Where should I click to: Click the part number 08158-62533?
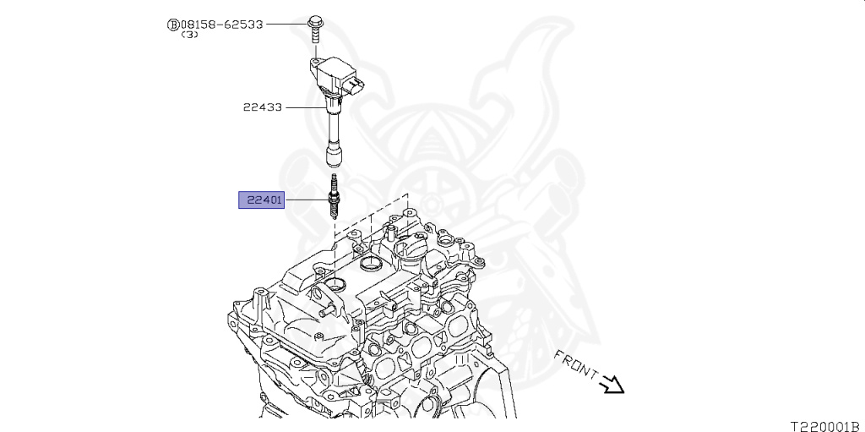(x=221, y=25)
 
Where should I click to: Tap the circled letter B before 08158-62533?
(x=173, y=25)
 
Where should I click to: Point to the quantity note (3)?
(x=190, y=36)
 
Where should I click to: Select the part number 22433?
(x=263, y=107)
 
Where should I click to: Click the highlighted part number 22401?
(x=262, y=200)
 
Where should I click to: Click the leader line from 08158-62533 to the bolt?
(x=287, y=25)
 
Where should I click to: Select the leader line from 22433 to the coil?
(x=304, y=107)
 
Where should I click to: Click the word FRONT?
(x=576, y=364)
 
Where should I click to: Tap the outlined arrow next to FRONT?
(x=612, y=385)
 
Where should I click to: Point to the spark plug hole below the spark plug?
(x=336, y=282)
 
